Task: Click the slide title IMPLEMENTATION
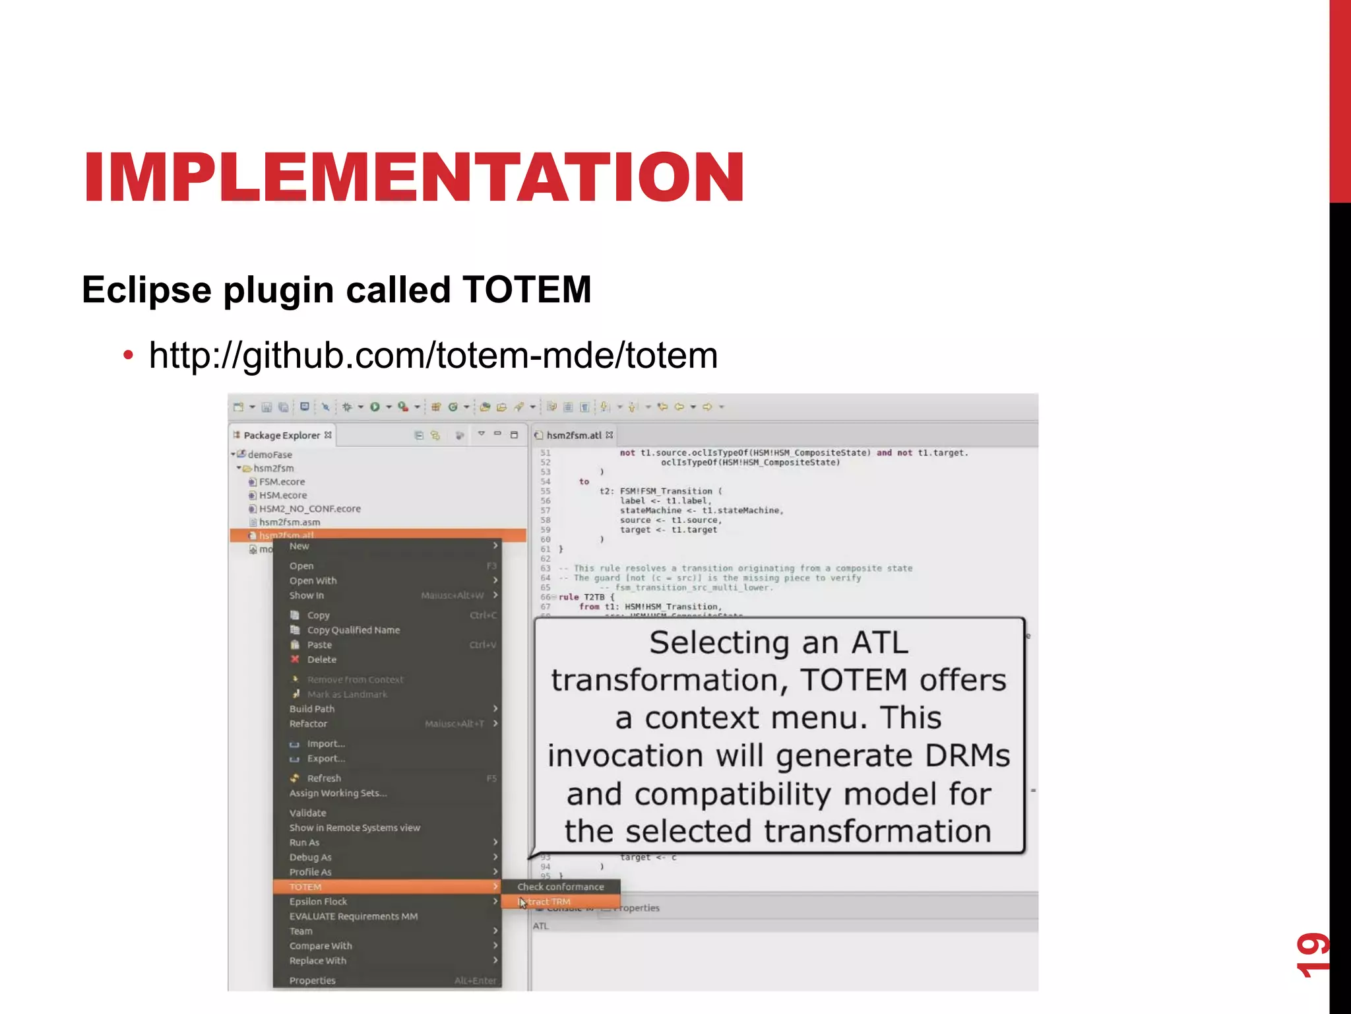[414, 177]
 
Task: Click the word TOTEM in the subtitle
[526, 290]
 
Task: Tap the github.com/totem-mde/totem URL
[433, 356]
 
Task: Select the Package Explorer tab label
[282, 436]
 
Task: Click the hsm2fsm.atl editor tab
[574, 436]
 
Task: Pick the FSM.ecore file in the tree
[282, 482]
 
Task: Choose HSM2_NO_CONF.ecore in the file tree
[309, 509]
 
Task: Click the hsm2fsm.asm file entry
[290, 522]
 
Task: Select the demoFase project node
[270, 455]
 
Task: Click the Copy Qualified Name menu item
[353, 630]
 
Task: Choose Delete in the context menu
[321, 659]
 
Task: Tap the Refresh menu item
[324, 778]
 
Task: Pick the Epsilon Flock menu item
[318, 902]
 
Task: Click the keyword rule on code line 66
[569, 597]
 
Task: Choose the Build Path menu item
[311, 709]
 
